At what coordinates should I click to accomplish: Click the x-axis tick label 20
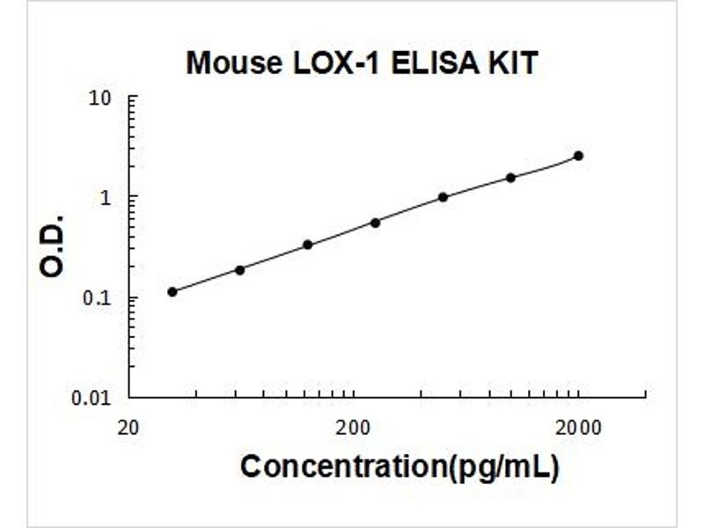128,428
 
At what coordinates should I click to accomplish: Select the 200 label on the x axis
353,428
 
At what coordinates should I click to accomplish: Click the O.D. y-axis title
54,245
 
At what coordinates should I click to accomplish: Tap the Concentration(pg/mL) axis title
399,467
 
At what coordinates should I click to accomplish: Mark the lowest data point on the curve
172,291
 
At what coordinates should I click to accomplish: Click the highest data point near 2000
578,156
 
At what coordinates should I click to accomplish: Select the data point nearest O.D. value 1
443,197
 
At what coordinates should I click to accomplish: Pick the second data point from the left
239,270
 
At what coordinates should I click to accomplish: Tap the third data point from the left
307,245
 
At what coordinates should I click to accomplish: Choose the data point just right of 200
375,223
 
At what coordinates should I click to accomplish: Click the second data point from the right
510,178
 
